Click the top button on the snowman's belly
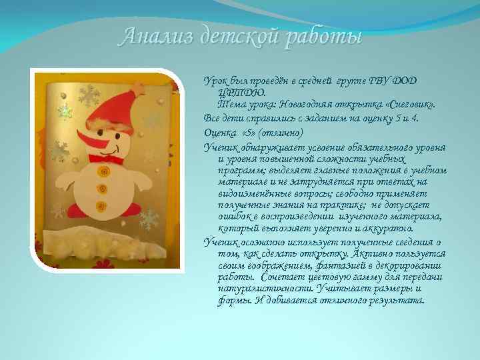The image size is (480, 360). coord(104,173)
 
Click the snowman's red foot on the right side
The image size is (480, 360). coord(133,207)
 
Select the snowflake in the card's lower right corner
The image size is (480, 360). coord(151,219)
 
